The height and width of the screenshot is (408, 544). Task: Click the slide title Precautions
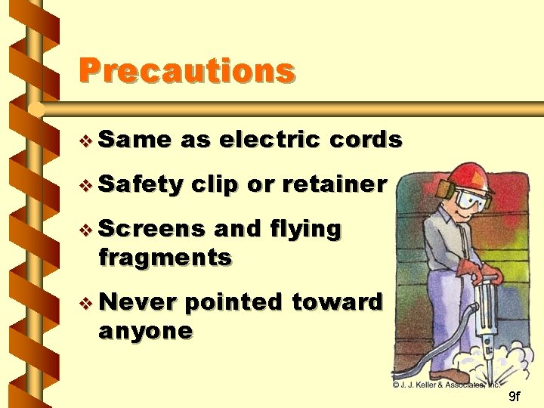pos(187,71)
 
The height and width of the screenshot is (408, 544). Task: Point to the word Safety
pos(141,184)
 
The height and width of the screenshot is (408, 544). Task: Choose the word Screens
pos(151,228)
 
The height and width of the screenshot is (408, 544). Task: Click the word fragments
pos(165,258)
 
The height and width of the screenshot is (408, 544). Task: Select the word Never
pos(137,302)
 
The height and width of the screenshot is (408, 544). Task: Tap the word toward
pos(338,302)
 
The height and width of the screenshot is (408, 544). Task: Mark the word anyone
pos(146,331)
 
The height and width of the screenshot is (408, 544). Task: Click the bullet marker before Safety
pos(87,184)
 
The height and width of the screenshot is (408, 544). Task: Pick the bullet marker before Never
pos(87,303)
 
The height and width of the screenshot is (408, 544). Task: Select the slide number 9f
pos(513,397)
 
